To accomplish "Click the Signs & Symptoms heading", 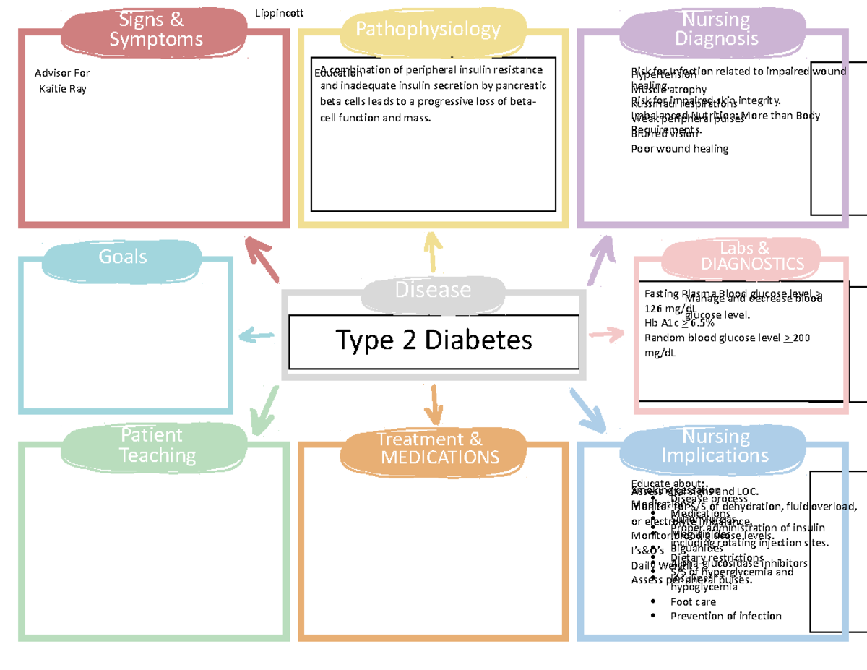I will coord(151,30).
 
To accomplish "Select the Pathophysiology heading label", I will coord(428,29).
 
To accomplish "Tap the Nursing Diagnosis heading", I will coord(716,29).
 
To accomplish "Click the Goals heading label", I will coord(123,257).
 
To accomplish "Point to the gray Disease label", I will coord(432,290).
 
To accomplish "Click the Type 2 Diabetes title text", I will coord(433,340).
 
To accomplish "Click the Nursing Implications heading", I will coord(715,446).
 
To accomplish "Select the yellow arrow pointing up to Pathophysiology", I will coord(433,251).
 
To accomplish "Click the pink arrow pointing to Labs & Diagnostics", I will coord(607,334).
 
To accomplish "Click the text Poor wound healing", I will coord(679,149).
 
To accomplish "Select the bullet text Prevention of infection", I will coord(725,616).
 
